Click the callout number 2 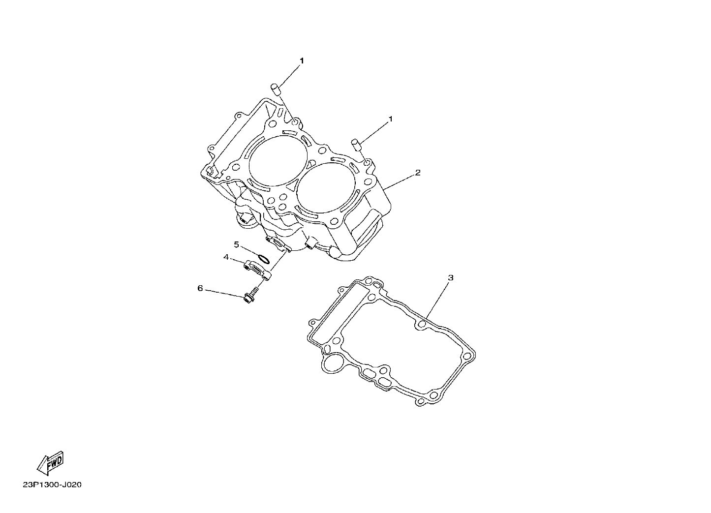[418, 173]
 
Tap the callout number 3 [450, 277]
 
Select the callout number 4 [226, 257]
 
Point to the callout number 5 [236, 244]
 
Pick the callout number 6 [200, 288]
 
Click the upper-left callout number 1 [302, 60]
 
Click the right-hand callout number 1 [391, 119]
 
